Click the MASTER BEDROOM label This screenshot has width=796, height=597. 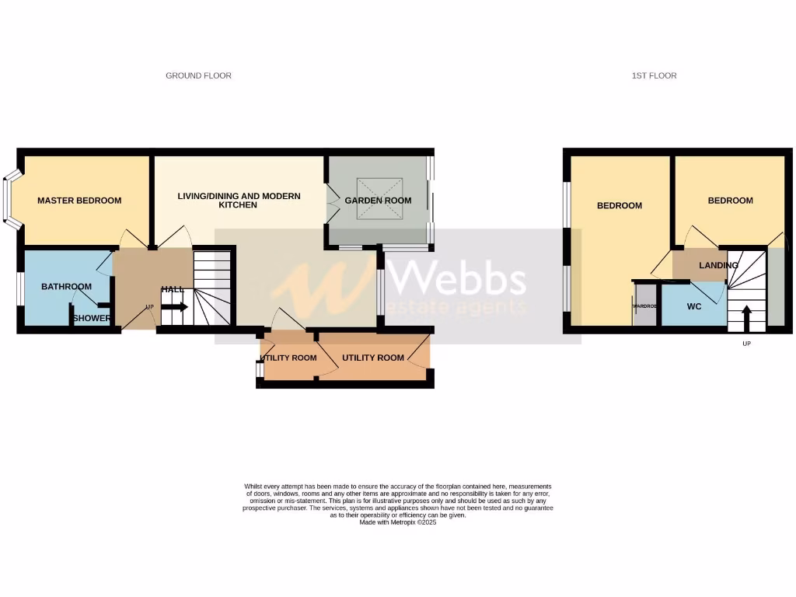tap(79, 201)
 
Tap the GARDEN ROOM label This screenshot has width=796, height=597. tap(378, 201)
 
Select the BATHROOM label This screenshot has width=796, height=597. tap(66, 287)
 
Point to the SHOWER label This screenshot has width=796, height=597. tap(91, 318)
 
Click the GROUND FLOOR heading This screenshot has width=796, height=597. tap(198, 75)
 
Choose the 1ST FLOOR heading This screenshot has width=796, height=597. tap(654, 75)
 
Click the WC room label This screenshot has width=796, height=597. tap(694, 306)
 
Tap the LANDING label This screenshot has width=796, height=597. tap(718, 266)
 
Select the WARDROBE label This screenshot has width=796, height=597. tap(644, 306)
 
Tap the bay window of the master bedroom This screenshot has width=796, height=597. tap(9, 201)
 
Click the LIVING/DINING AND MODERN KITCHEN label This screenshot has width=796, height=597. tap(239, 201)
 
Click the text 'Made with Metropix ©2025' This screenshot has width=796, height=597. tap(397, 523)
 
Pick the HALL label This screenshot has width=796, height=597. tap(173, 289)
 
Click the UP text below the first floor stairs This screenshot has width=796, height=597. tap(747, 344)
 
